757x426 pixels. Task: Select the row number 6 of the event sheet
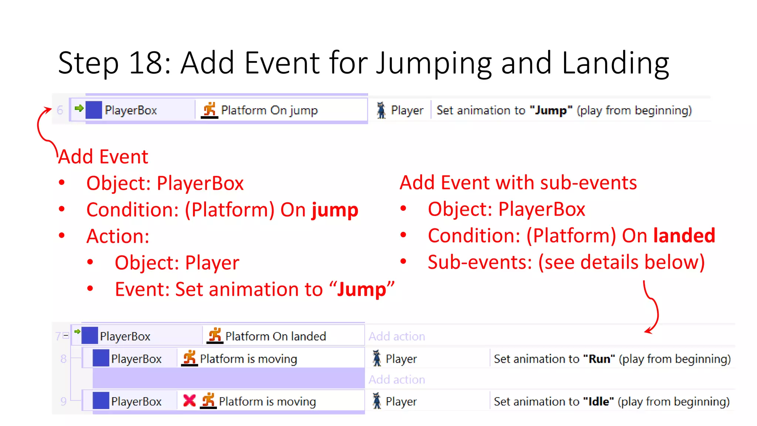60,110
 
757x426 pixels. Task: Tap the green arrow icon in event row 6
79,108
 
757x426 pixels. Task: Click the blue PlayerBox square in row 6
94,110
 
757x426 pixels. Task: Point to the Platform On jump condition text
269,110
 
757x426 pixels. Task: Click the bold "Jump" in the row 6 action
551,110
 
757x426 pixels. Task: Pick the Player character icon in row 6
381,110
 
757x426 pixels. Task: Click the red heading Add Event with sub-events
518,183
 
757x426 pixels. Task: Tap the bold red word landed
684,236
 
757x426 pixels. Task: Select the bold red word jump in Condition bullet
335,210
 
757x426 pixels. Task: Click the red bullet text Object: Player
177,263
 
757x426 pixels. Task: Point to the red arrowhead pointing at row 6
48,109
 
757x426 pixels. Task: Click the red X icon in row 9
189,400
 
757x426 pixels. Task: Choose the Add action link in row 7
397,337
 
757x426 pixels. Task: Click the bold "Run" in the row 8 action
599,359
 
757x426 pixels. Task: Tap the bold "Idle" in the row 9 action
598,402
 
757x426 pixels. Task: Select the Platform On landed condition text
275,337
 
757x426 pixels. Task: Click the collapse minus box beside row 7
66,336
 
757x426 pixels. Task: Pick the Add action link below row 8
397,380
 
